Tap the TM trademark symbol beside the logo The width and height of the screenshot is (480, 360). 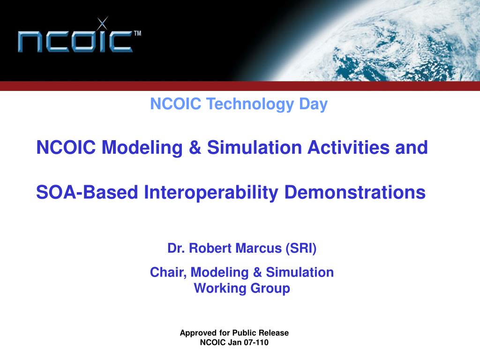137,33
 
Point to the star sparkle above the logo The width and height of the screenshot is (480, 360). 102,23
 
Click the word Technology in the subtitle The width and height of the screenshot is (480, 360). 250,104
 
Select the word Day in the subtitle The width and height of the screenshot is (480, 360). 313,104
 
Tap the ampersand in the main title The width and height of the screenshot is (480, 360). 195,147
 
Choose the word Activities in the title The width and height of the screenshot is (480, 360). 348,147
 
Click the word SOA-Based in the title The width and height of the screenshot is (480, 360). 87,192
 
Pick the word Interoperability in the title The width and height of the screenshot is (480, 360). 211,193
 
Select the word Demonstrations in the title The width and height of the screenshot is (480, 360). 355,192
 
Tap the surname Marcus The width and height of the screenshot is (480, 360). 259,248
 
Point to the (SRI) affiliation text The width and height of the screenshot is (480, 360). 301,248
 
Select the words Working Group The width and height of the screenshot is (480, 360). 242,288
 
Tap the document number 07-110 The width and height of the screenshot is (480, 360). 256,342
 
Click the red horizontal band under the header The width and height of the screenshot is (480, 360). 240,86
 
